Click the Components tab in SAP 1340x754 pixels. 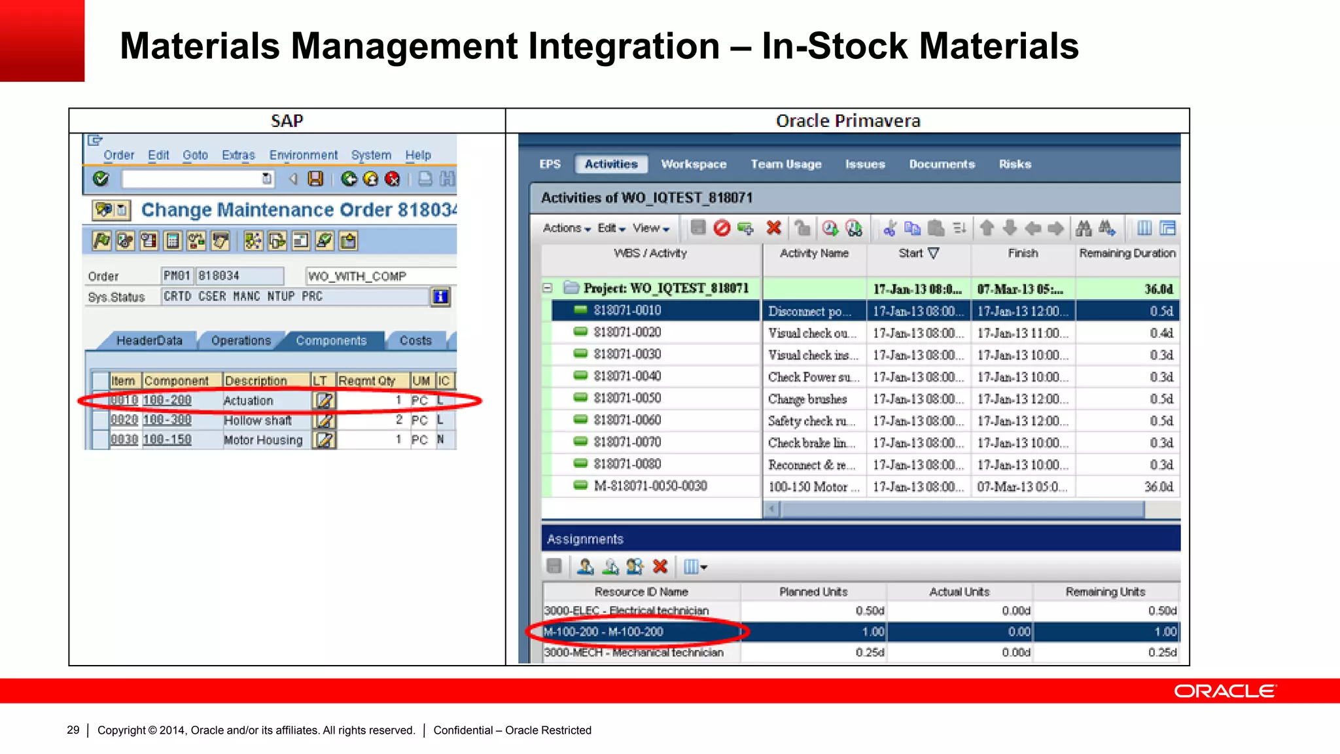click(331, 341)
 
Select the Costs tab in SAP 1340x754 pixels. click(415, 341)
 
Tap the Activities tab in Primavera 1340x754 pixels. click(611, 164)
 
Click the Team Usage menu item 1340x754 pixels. click(786, 164)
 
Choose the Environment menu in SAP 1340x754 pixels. click(304, 155)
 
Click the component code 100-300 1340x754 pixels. click(167, 420)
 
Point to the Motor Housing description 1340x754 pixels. click(263, 440)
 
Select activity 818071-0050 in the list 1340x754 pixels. click(627, 398)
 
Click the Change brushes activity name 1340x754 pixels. click(807, 399)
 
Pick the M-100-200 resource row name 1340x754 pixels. click(603, 632)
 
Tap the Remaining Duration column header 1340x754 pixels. click(1127, 253)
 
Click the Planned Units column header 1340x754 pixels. click(813, 592)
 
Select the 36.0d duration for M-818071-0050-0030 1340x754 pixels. click(1158, 487)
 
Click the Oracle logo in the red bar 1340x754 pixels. click(1224, 691)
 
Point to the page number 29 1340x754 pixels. click(73, 730)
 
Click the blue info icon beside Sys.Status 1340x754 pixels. click(440, 297)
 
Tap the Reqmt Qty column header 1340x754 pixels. click(366, 381)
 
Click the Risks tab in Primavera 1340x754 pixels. click(1015, 164)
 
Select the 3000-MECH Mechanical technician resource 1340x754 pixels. click(633, 653)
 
